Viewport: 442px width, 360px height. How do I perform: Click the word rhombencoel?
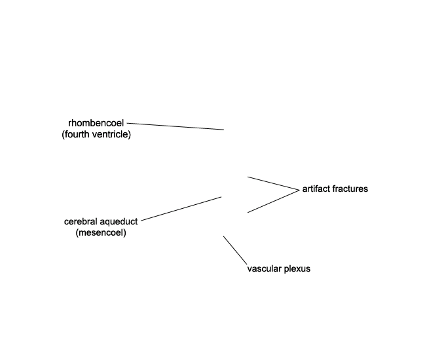[96, 123]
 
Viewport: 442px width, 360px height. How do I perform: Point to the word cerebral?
[81, 222]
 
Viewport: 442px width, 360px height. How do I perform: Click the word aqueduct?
[119, 222]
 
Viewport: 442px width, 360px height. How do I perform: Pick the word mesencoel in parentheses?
[101, 233]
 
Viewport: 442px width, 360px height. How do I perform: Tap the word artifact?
[316, 189]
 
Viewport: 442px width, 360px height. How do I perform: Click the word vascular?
[265, 269]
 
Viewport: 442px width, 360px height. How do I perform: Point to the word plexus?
[297, 269]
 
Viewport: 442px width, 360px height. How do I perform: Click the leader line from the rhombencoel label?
[175, 126]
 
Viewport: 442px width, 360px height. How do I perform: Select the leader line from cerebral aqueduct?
[181, 209]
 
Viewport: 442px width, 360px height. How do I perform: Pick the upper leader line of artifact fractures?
[274, 183]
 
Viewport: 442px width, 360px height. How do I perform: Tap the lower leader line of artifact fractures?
[274, 202]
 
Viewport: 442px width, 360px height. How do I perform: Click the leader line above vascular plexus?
[235, 251]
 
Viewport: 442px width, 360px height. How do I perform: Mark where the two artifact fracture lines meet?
[299, 190]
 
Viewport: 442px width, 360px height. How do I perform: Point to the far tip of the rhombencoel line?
[224, 130]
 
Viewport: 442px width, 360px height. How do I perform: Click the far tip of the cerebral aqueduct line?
[221, 197]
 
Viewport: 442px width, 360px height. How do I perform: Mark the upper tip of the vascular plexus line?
[223, 236]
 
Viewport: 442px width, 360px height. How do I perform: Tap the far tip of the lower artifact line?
[248, 212]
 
